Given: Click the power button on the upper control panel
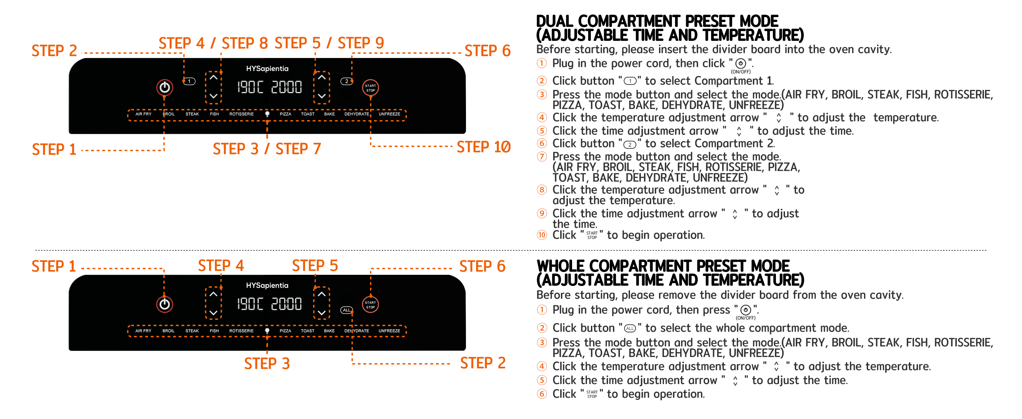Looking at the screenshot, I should tap(165, 87).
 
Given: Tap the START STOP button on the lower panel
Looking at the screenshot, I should tap(370, 305).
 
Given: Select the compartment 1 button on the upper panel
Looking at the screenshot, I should tap(190, 81).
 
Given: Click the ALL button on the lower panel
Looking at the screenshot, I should tap(346, 310).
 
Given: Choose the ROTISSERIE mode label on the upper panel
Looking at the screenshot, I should tap(241, 114).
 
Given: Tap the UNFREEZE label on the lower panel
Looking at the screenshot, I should tap(389, 331).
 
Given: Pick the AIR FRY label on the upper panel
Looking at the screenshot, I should tap(143, 114).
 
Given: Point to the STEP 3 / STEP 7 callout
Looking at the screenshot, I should tap(267, 149).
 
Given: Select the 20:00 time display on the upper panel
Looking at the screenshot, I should tap(287, 87).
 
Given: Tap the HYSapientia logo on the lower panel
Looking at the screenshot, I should tap(267, 285).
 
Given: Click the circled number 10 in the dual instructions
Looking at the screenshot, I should tap(542, 235).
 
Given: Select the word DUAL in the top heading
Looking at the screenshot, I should tap(555, 21).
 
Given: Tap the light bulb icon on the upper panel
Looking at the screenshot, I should tap(267, 114).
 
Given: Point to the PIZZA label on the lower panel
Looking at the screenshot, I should tap(285, 331).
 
